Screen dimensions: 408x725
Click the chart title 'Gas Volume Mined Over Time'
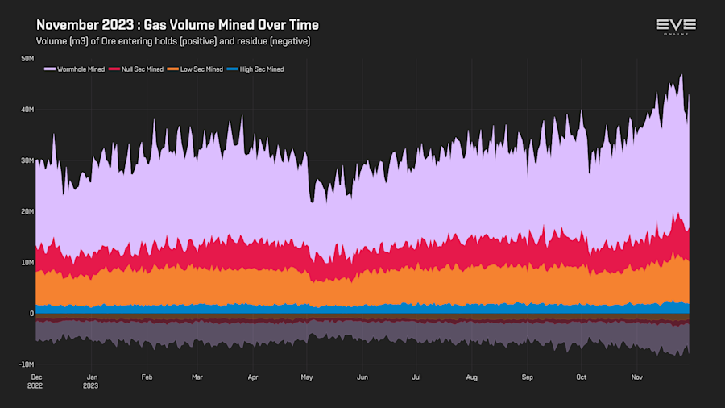click(x=177, y=25)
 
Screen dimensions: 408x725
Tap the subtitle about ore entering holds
click(x=172, y=41)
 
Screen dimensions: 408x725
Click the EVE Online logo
click(x=675, y=27)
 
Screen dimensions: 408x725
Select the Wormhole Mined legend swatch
click(x=50, y=69)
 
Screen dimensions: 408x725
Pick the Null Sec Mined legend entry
click(x=142, y=69)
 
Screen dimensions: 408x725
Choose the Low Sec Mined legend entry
click(x=197, y=69)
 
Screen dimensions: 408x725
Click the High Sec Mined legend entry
click(x=257, y=69)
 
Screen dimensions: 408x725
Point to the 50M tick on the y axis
click(x=27, y=58)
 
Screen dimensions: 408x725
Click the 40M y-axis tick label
click(x=27, y=110)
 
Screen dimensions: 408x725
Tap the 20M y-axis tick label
click(x=27, y=211)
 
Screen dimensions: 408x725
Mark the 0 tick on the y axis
click(x=31, y=314)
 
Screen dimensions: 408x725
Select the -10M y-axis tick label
click(x=26, y=364)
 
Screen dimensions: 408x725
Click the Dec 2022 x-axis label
click(x=37, y=381)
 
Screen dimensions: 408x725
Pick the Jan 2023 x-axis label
click(x=93, y=381)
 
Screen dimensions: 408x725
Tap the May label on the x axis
click(x=306, y=377)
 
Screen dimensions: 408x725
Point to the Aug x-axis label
click(x=472, y=377)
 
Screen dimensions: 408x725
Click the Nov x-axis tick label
click(x=637, y=377)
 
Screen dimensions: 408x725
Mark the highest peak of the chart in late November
click(x=681, y=75)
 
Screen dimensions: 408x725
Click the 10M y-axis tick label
click(x=27, y=263)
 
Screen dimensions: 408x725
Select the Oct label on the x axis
click(x=582, y=377)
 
